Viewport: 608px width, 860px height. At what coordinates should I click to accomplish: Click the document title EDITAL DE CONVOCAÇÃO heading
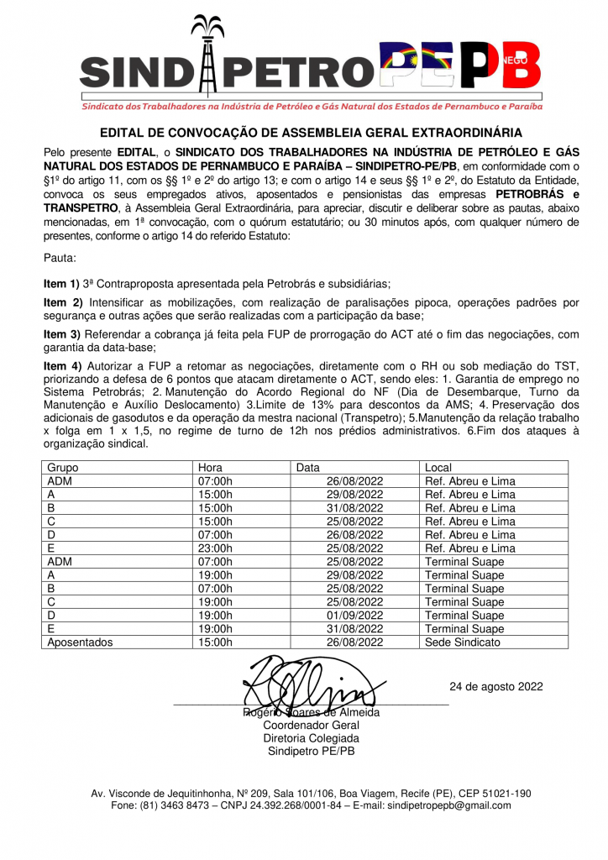[311, 133]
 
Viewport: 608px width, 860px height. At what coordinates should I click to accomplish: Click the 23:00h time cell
[217, 548]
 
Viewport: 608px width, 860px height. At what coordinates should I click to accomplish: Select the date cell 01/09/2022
[355, 616]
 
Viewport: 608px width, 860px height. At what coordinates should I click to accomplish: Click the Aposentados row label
[80, 642]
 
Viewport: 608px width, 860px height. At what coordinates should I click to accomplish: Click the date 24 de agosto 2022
[495, 686]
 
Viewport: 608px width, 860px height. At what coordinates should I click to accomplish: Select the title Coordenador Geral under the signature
[311, 725]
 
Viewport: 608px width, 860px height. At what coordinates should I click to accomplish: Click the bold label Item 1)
[61, 285]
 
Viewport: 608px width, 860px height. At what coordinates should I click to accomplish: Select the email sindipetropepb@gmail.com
[448, 805]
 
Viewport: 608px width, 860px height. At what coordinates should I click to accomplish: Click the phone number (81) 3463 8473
[182, 805]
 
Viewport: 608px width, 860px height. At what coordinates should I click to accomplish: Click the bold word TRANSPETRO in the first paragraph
[81, 206]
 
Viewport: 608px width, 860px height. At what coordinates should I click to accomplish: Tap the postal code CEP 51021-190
[487, 793]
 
